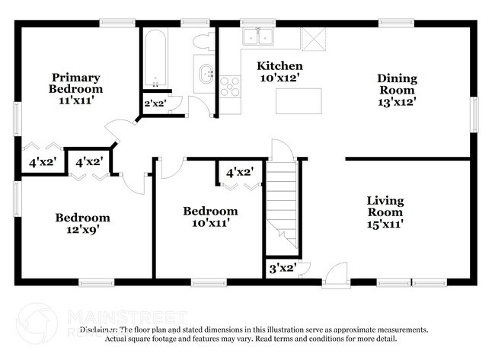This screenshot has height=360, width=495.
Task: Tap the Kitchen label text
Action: pyautogui.click(x=279, y=66)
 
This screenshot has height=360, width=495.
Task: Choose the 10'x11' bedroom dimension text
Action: pyautogui.click(x=209, y=223)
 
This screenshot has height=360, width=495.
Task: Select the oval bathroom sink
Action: pyautogui.click(x=206, y=75)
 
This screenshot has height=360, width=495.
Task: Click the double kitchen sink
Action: pyautogui.click(x=258, y=37)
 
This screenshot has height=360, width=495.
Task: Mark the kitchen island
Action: pyautogui.click(x=299, y=99)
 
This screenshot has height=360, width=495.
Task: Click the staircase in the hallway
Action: pyautogui.click(x=283, y=205)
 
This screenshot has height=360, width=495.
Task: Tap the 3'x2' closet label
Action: pyautogui.click(x=283, y=268)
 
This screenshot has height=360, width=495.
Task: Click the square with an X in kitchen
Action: pyautogui.click(x=313, y=38)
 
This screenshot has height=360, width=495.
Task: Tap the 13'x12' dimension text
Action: pyautogui.click(x=396, y=101)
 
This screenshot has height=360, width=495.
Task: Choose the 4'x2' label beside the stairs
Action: pyautogui.click(x=239, y=172)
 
